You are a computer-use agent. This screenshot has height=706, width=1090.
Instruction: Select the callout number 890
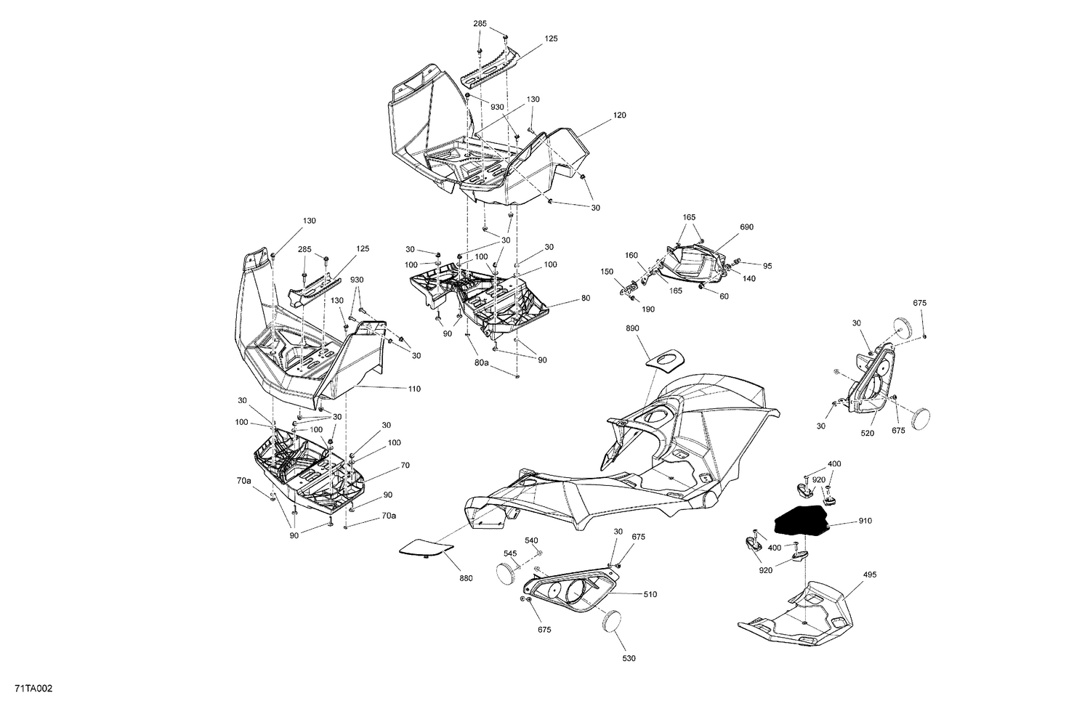tap(632, 329)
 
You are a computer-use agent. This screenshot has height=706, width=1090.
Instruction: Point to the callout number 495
tap(870, 575)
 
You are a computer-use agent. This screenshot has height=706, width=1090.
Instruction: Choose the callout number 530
tap(629, 658)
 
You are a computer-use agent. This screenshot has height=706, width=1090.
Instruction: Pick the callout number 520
tap(868, 434)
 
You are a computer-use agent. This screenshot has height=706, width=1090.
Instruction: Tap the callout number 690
tap(746, 227)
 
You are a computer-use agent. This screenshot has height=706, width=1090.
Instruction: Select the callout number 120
tap(619, 115)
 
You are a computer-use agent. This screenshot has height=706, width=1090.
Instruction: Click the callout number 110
tap(413, 389)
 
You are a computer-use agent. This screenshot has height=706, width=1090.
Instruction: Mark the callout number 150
tap(607, 272)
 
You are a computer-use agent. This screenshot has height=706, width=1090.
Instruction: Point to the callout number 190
tap(648, 309)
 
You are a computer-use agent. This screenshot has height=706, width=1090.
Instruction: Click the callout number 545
tap(510, 553)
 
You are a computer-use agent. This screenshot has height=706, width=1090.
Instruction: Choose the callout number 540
tap(531, 540)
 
